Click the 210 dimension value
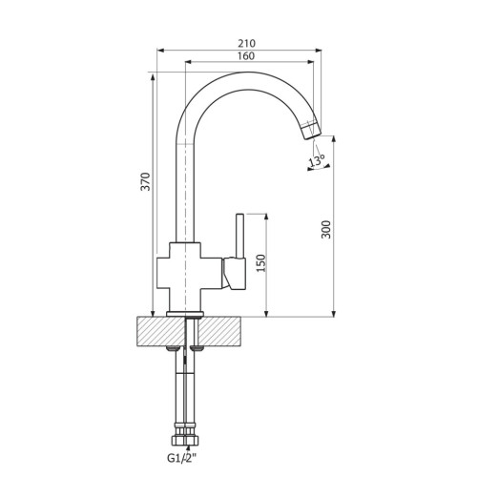(x=246, y=43)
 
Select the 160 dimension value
(x=246, y=56)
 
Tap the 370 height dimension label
(x=145, y=181)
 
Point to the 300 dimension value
(x=326, y=229)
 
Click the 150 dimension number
(x=260, y=263)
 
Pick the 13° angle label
(x=317, y=161)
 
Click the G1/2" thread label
(x=182, y=458)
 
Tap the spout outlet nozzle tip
(x=311, y=132)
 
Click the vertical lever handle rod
(x=239, y=236)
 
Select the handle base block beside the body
(x=235, y=274)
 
